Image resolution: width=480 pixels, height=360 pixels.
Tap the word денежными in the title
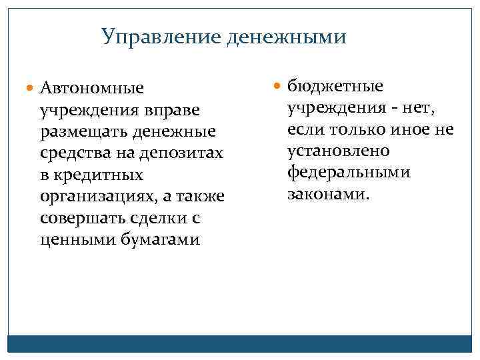coord(286,37)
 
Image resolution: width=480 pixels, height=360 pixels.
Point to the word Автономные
coord(91,88)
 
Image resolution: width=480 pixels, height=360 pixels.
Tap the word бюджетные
coord(335,86)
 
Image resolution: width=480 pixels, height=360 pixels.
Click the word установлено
coord(338,151)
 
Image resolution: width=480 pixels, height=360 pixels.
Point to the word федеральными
coord(349,173)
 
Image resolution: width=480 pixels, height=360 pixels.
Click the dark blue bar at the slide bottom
coord(240,343)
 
